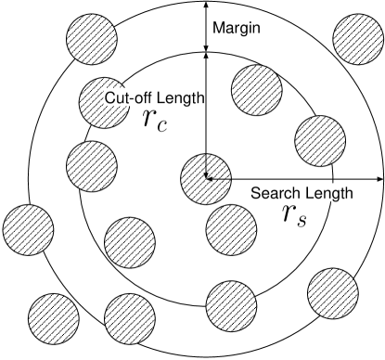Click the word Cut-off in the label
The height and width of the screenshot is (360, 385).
127,98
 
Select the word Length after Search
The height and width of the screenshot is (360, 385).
325,193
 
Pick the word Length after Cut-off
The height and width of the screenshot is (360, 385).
177,98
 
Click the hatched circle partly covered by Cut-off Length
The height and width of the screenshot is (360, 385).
105,103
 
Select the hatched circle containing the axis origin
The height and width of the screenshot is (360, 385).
205,177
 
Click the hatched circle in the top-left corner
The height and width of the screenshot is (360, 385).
92,38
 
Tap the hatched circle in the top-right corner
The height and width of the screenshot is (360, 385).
358,39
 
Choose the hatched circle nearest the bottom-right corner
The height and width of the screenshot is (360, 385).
333,292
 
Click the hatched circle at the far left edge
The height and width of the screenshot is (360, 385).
28,229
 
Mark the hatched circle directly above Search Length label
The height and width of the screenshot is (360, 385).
320,140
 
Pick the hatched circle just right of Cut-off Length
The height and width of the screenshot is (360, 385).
257,90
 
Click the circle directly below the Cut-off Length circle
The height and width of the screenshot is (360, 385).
92,165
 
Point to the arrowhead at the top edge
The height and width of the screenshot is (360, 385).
206,4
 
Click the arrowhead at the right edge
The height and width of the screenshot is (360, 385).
380,177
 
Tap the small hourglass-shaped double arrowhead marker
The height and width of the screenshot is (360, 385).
206,52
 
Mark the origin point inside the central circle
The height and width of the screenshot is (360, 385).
206,177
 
